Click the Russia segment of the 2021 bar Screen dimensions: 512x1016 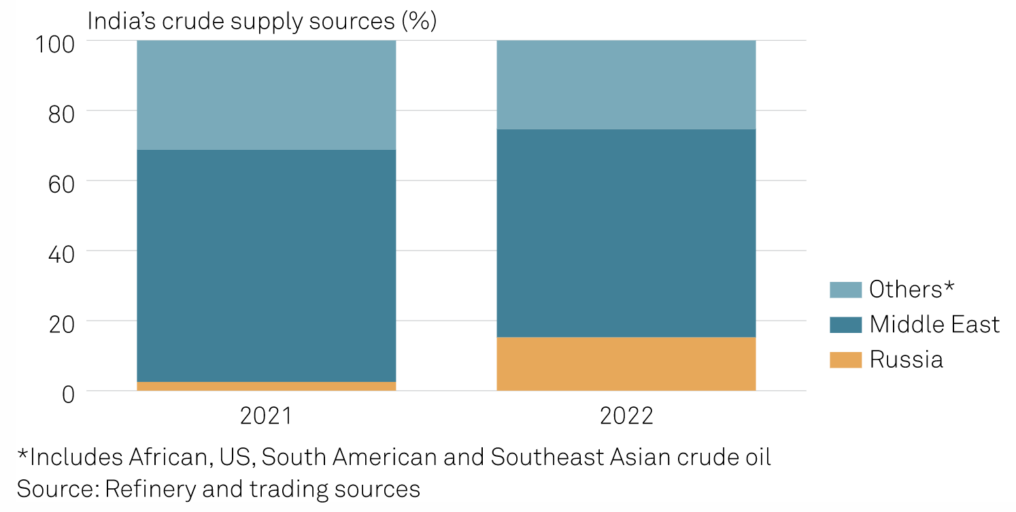[x=266, y=386]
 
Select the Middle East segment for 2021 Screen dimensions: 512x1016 [x=266, y=266]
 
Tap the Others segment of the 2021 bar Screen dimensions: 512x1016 [x=266, y=95]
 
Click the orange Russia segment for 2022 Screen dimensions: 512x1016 [x=626, y=364]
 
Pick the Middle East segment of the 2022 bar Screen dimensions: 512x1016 [x=626, y=233]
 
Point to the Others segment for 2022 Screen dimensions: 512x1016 [x=626, y=84]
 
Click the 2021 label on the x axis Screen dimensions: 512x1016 [x=266, y=415]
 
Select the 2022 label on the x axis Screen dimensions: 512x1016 [x=626, y=415]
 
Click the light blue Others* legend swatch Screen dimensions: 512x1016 [x=845, y=289]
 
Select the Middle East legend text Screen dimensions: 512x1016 [x=934, y=324]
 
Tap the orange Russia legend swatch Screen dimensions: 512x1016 [x=845, y=359]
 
